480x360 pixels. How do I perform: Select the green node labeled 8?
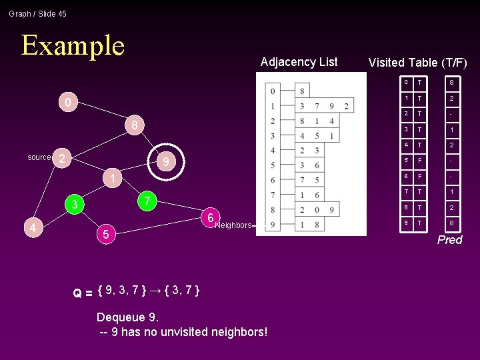coord(134,125)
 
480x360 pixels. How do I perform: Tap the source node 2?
coord(61,158)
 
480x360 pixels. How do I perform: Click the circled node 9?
coord(166,162)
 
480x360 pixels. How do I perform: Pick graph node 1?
coord(113,179)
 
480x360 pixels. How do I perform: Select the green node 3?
coord(75,205)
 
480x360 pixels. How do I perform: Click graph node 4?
coord(32,229)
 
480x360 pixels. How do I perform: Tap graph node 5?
coord(105,234)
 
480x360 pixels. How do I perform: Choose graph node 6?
coord(210,218)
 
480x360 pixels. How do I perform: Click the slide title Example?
coord(73,45)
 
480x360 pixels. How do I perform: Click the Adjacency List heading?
coord(299,62)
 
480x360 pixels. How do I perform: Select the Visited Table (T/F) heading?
coord(417,63)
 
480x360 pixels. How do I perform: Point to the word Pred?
coord(449,240)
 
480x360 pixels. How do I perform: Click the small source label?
coord(39,157)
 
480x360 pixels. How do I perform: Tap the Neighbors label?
coord(233,225)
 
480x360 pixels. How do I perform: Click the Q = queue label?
coord(83,293)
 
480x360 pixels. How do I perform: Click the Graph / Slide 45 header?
coord(38,13)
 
